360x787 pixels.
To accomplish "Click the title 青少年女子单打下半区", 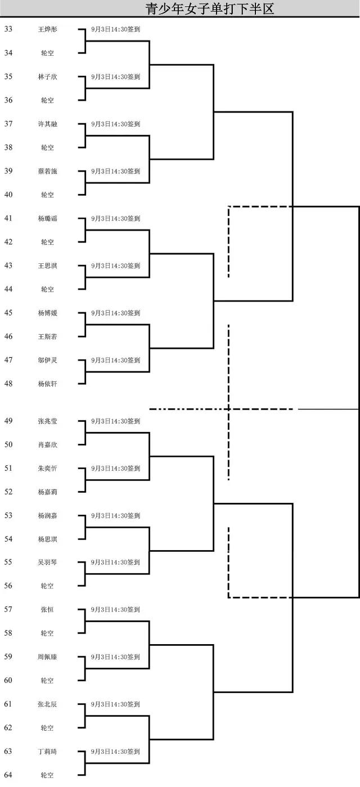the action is tap(210, 8).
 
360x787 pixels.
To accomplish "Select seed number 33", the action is tap(8, 29).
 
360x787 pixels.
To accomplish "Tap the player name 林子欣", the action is tap(47, 77).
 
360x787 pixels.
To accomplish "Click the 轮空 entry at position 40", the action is tap(47, 195).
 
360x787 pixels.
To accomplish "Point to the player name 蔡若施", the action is tap(47, 171).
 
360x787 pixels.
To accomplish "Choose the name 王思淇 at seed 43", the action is tap(47, 266).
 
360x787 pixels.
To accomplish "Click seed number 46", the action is tap(8, 336).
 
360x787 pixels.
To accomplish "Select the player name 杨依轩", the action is tap(47, 384).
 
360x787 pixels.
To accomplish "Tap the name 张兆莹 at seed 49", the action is tap(47, 421).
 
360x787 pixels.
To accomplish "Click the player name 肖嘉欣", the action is tap(47, 444).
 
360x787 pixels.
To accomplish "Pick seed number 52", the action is tap(8, 492).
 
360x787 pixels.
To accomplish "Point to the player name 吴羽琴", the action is tap(47, 562).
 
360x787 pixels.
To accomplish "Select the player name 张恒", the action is tap(47, 609).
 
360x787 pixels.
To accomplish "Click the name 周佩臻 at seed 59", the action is tap(47, 656).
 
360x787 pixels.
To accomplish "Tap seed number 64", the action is tap(8, 775).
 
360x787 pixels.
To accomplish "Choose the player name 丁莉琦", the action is tap(47, 751).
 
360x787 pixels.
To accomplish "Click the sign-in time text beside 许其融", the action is tap(115, 124).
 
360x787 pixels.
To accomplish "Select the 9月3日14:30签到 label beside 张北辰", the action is tap(115, 704).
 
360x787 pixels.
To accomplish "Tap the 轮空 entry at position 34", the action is tap(47, 53).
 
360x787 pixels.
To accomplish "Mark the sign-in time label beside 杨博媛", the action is tap(115, 313).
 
